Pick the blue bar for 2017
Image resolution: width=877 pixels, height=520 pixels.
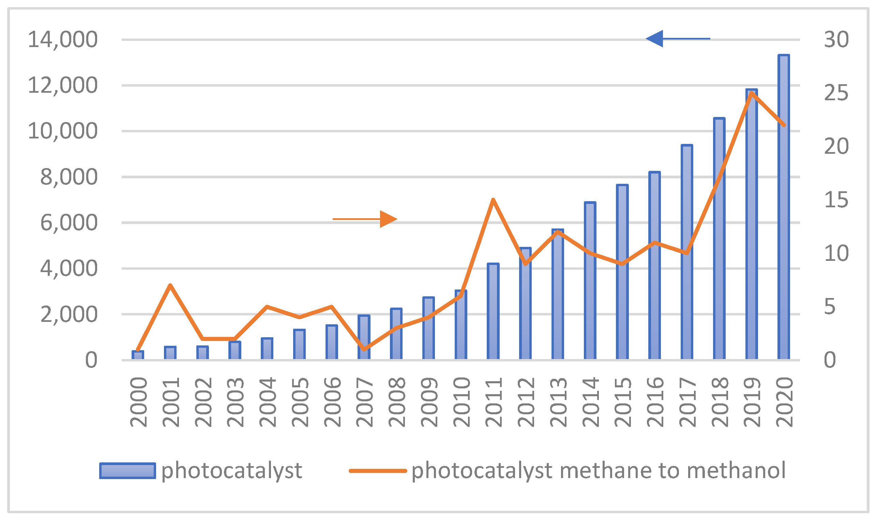[687, 252]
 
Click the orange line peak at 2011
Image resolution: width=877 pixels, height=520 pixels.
[493, 200]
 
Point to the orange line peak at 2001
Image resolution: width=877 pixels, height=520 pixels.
[170, 285]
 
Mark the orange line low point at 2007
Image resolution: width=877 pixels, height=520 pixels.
[364, 350]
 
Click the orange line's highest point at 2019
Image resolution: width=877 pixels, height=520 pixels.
[752, 93]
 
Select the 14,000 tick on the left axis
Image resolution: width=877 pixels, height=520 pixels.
[63, 39]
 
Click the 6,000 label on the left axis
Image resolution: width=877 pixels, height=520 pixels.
[69, 223]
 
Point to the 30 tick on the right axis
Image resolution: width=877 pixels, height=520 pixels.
[836, 39]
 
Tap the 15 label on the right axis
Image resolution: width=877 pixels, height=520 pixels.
[836, 200]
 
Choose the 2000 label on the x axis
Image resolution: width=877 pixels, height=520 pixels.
[138, 402]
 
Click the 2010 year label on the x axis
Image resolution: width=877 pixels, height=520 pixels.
[461, 402]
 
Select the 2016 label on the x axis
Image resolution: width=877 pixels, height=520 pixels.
[655, 402]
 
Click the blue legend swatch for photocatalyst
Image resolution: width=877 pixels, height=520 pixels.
[127, 471]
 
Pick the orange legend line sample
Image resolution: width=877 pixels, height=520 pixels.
[378, 471]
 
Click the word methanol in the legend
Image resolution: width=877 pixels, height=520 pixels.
[736, 470]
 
